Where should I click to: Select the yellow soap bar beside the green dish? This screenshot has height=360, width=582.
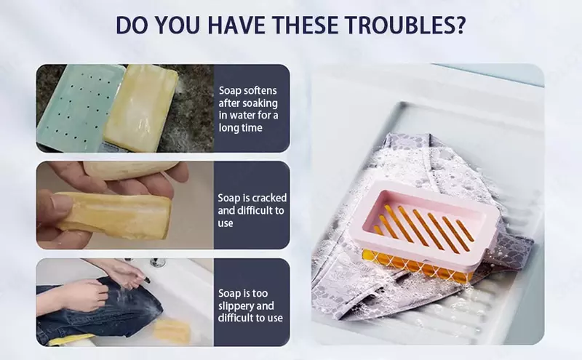pyautogui.click(x=141, y=108)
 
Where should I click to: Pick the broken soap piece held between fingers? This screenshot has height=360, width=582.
pyautogui.click(x=113, y=216)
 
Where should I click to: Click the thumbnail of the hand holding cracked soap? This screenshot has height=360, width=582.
pyautogui.click(x=125, y=205)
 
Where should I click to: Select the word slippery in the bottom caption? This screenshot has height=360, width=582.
pyautogui.click(x=246, y=306)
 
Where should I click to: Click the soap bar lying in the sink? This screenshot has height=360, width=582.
pyautogui.click(x=172, y=330)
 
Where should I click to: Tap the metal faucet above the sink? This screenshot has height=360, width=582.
pyautogui.click(x=157, y=262)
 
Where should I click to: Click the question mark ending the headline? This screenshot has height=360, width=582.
pyautogui.click(x=460, y=25)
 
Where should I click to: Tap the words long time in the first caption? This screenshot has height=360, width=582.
pyautogui.click(x=240, y=128)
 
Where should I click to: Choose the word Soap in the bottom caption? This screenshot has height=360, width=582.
pyautogui.click(x=229, y=293)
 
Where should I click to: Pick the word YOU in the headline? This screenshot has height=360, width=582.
pyautogui.click(x=178, y=25)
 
